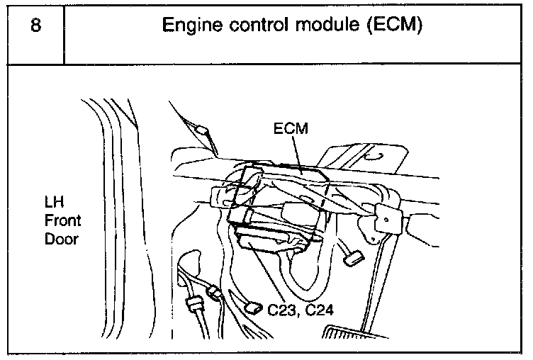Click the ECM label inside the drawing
click(x=288, y=130)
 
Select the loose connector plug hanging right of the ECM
click(x=352, y=259)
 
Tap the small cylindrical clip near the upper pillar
click(x=203, y=130)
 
